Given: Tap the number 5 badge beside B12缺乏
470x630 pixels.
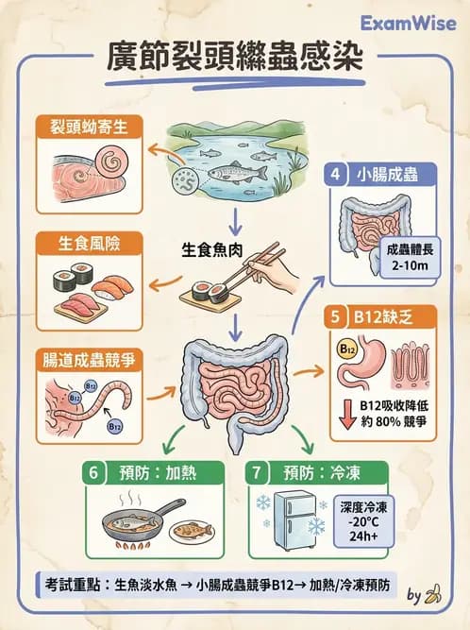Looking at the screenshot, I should [x=337, y=316].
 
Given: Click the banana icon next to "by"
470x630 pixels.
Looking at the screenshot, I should [x=433, y=595].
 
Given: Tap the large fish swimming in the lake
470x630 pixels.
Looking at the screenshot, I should [x=233, y=173].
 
